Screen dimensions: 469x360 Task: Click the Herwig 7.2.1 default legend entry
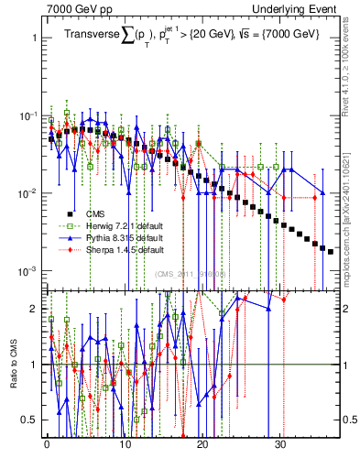pyautogui.click(x=110, y=225)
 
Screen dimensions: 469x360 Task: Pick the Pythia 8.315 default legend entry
pyautogui.click(x=110, y=237)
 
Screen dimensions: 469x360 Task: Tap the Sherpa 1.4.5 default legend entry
pyautogui.click(x=110, y=249)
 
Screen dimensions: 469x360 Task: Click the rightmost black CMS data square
pyautogui.click(x=331, y=251)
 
